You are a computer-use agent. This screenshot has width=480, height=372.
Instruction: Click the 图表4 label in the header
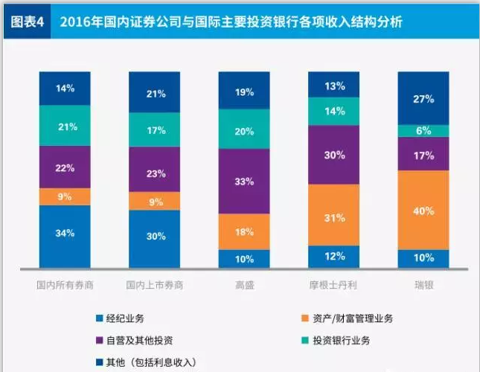(28, 22)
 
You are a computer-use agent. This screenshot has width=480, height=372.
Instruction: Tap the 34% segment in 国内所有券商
(65, 234)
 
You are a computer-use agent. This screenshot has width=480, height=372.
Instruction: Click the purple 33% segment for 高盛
(245, 181)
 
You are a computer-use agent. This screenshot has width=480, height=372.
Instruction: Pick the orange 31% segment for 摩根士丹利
(334, 217)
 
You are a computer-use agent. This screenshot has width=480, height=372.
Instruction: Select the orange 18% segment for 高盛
(245, 231)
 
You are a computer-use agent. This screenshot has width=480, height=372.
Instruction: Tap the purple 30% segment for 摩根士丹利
(334, 155)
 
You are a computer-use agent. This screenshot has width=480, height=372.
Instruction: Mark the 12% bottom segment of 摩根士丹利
(334, 257)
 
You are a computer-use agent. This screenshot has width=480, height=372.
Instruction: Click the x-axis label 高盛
(244, 285)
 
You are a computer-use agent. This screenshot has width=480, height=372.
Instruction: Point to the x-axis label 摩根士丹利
(334, 285)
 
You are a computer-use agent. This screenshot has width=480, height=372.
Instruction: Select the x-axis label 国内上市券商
(155, 285)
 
